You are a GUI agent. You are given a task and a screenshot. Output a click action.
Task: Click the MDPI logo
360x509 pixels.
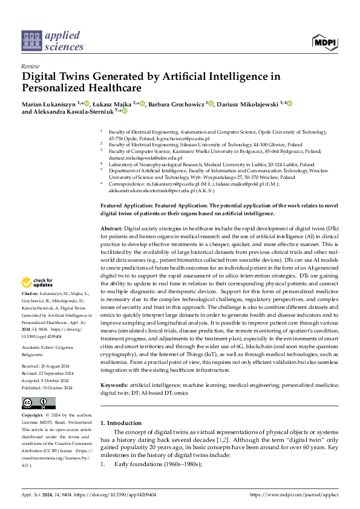click(324, 42)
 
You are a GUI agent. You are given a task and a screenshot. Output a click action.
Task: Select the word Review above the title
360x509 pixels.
click(30, 67)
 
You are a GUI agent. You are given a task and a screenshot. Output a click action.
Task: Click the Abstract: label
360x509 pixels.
click(111, 230)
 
